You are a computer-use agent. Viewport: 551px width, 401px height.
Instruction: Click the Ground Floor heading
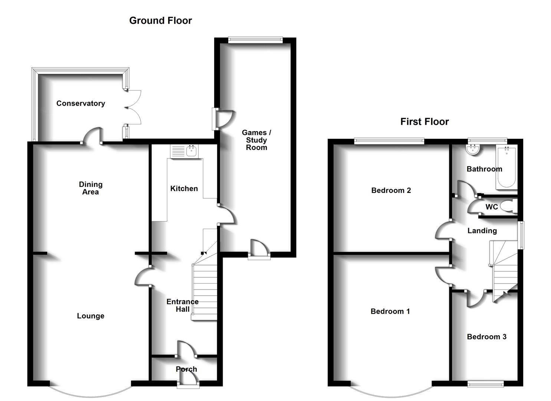pos(160,20)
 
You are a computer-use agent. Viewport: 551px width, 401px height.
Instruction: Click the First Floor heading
pos(424,121)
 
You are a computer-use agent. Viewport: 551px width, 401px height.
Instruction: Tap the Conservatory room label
pos(81,103)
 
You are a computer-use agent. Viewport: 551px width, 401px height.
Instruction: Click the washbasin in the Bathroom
pos(473,150)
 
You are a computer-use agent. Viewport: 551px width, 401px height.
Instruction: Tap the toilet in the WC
pos(509,206)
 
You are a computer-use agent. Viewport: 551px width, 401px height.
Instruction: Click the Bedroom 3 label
pos(486,337)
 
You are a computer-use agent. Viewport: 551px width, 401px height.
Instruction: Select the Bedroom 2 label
pos(391,190)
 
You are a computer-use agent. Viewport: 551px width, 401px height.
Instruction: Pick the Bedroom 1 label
pos(390,312)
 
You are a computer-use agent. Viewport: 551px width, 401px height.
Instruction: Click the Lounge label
pos(91,316)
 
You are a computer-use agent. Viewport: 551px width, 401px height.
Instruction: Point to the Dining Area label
pos(91,188)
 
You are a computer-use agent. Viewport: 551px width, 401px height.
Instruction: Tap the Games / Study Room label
pos(256,140)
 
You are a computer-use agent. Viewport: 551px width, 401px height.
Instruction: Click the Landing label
pos(482,231)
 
